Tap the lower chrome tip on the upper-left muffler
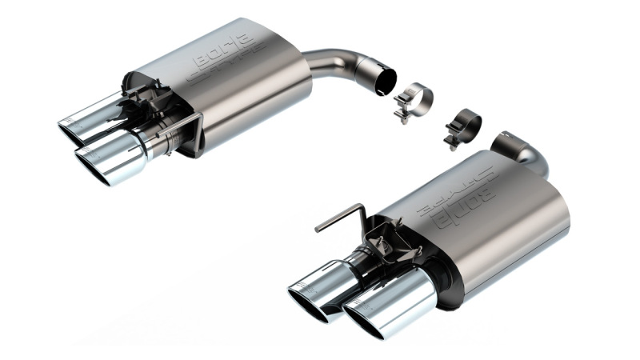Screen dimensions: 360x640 (x=112, y=156)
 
